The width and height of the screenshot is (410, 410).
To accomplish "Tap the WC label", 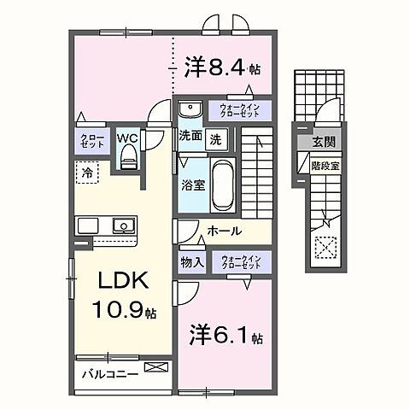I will coord(128,138).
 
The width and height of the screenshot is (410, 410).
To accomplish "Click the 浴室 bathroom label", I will coord(190,183).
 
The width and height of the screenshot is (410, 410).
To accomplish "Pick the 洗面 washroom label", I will coord(190,136).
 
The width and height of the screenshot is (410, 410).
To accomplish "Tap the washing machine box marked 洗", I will coord(217,137).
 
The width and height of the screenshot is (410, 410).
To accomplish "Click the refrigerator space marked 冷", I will coord(87,173).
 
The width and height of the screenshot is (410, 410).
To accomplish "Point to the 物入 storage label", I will coord(191,262).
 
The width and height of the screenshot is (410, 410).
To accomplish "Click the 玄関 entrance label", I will coord(323,143).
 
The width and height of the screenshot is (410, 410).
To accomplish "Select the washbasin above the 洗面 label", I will coord(190,110).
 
